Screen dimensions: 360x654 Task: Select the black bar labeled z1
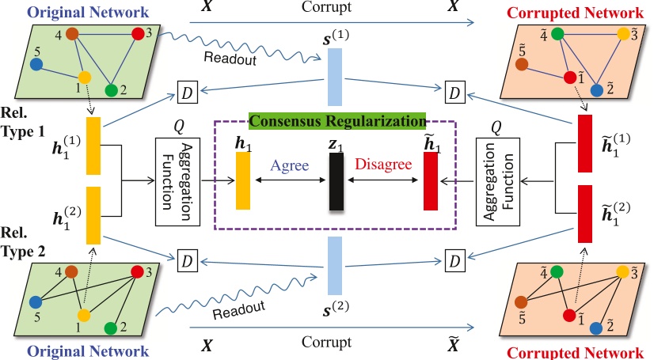point(337,181)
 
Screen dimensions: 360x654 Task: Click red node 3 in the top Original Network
point(139,33)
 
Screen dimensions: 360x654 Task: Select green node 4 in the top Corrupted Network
point(557,34)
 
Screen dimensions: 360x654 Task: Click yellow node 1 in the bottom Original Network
point(84,315)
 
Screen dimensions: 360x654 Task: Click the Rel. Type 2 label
point(23,246)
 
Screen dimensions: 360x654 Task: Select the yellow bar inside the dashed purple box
point(243,180)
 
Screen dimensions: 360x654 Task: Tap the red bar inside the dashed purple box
point(431,181)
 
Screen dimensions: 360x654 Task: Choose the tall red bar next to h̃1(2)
point(585,213)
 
